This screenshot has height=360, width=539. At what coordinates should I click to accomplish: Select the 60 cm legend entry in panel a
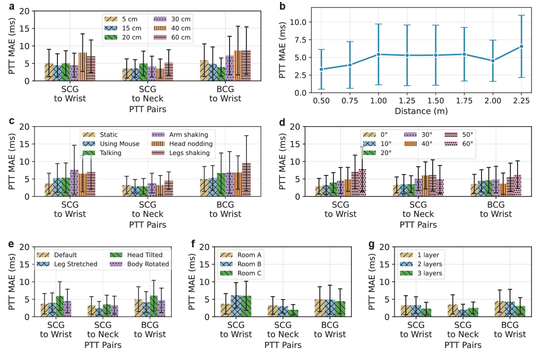point(177,37)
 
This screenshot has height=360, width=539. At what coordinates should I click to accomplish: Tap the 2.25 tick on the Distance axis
point(522,100)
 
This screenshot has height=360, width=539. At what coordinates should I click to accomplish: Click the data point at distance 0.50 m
point(321,69)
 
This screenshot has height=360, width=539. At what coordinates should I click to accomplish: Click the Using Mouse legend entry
point(112,144)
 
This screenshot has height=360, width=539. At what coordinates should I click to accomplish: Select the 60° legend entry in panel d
point(461,144)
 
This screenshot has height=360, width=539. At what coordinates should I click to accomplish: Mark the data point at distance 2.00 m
point(493,61)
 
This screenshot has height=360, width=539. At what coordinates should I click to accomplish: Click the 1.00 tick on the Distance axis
point(378,100)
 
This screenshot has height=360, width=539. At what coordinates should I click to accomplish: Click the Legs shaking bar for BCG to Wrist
point(246,180)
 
